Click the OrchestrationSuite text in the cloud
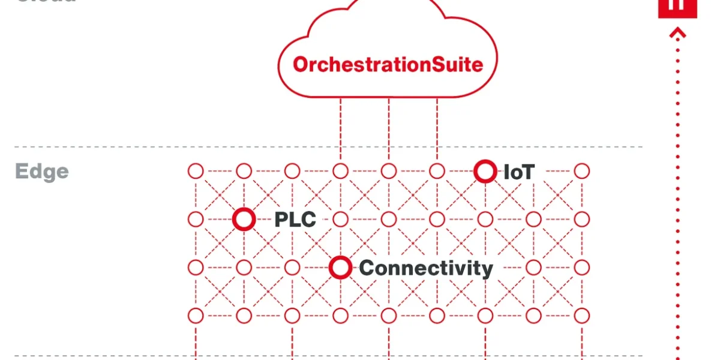click(388, 64)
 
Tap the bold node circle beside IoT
click(485, 172)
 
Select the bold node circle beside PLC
click(244, 220)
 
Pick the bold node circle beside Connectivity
click(340, 268)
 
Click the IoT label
click(518, 173)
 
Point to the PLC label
click(295, 220)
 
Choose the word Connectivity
click(425, 268)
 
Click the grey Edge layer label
click(42, 172)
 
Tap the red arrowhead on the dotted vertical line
click(678, 33)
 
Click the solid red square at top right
click(677, 7)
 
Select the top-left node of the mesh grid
click(196, 172)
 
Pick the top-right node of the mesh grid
click(581, 172)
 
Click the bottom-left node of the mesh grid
click(196, 315)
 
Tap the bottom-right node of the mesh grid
click(581, 315)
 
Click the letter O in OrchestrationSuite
click(300, 64)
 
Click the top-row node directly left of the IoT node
click(437, 172)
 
